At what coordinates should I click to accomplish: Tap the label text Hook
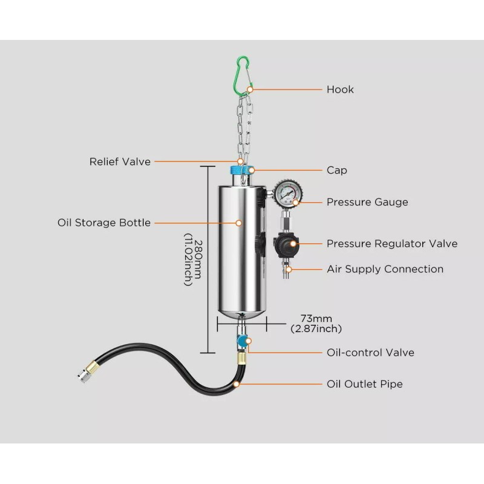point(340,90)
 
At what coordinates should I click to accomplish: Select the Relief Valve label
point(120,162)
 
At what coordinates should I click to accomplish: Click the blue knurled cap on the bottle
point(241,171)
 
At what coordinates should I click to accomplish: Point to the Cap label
point(337,170)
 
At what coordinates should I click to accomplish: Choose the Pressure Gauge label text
point(367,202)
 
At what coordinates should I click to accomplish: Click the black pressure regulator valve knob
point(286,245)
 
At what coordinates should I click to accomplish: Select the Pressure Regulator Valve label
point(392,244)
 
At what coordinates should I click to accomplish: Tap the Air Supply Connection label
point(385,269)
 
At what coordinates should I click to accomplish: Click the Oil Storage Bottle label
point(104,223)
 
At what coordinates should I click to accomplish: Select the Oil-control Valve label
point(370,353)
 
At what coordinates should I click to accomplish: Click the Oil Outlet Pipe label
point(365,384)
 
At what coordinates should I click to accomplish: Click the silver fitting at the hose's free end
point(84,376)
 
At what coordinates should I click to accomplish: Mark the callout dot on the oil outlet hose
point(237,384)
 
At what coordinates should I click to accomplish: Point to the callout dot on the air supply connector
point(289,269)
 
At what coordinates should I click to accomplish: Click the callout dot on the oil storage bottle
point(238,223)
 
